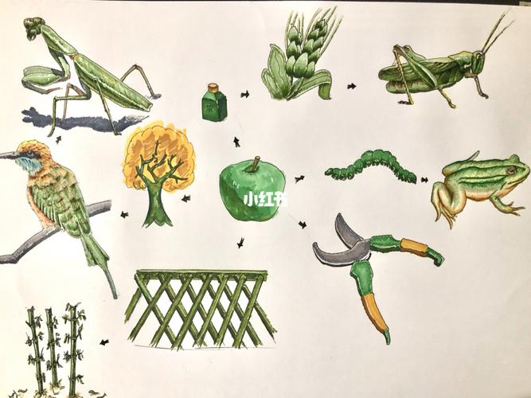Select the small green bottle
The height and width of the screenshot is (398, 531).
[214, 102]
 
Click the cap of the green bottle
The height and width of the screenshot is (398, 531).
[213, 88]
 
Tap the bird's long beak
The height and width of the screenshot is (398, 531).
[10, 155]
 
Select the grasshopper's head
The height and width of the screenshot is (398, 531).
[477, 61]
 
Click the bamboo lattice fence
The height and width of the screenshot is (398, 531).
[200, 309]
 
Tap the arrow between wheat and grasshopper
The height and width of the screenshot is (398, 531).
[352, 87]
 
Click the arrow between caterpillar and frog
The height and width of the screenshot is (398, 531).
[424, 180]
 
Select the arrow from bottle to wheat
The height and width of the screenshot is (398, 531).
[245, 94]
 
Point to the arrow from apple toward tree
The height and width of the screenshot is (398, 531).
[186, 198]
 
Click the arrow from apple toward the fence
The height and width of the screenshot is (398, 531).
[240, 243]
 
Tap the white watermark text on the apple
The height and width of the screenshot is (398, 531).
[266, 200]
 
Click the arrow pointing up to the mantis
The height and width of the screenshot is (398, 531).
[58, 139]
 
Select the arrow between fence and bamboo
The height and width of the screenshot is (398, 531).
[104, 342]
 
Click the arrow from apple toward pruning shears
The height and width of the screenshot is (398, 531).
[303, 224]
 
